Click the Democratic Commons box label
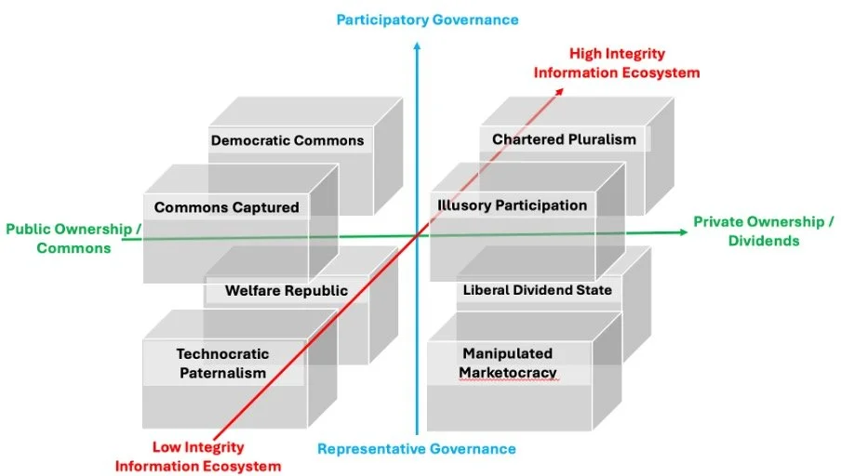[x=287, y=141]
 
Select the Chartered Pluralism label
[x=565, y=139]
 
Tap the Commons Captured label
[x=227, y=207]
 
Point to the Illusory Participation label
[x=512, y=205]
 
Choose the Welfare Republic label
[x=287, y=291]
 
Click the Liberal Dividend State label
[x=538, y=290]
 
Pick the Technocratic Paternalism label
[x=222, y=364]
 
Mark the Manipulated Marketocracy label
[x=508, y=364]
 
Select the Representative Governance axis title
[x=417, y=449]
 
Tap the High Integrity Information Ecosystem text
[x=617, y=63]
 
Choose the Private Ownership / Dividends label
[x=764, y=231]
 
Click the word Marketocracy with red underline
[x=508, y=373]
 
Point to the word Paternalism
[x=222, y=373]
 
